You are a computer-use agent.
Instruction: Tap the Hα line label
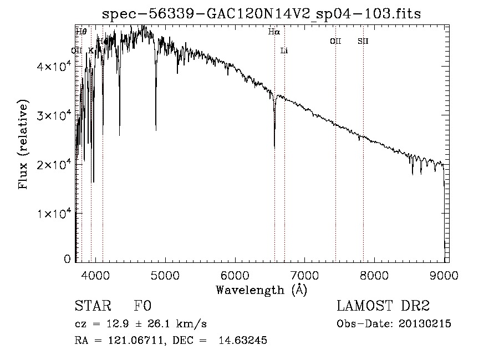tap(274, 32)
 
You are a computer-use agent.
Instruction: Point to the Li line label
tap(284, 50)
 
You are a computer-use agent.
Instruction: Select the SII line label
tap(363, 41)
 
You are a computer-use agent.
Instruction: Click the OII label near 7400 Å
tap(335, 41)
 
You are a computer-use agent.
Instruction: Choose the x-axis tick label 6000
tap(235, 275)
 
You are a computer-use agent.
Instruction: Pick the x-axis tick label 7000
tap(304, 275)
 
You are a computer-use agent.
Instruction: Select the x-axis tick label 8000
tap(374, 275)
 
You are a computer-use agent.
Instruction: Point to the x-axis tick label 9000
tap(444, 275)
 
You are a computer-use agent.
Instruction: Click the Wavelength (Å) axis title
tap(261, 289)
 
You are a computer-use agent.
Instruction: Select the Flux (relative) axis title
tap(23, 145)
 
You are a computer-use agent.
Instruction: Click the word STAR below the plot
tap(92, 306)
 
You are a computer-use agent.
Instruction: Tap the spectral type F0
tap(142, 306)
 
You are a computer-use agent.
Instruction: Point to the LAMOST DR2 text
tap(383, 306)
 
